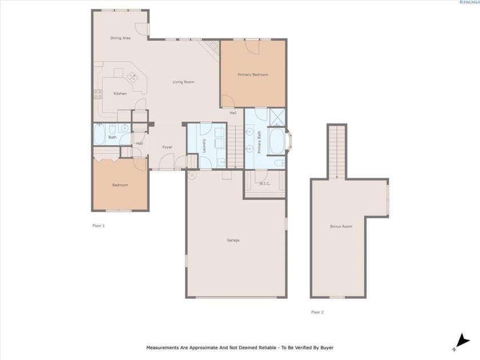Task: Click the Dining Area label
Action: pyautogui.click(x=121, y=38)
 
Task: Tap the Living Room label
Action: pyautogui.click(x=183, y=82)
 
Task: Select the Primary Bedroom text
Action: pyautogui.click(x=253, y=74)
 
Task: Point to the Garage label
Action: pyautogui.click(x=233, y=240)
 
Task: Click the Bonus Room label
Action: pyautogui.click(x=341, y=226)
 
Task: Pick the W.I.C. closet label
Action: pyautogui.click(x=265, y=183)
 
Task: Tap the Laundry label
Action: pyautogui.click(x=204, y=145)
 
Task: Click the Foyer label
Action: pyautogui.click(x=167, y=147)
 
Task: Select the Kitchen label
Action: pyautogui.click(x=120, y=93)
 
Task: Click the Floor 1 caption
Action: pyautogui.click(x=98, y=226)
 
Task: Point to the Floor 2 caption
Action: pyautogui.click(x=318, y=312)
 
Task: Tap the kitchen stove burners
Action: pyautogui.click(x=98, y=94)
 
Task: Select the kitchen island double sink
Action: pyautogui.click(x=133, y=77)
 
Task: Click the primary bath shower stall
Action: pyautogui.click(x=277, y=117)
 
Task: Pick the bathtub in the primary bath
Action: pyautogui.click(x=277, y=141)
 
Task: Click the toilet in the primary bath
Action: pyautogui.click(x=279, y=163)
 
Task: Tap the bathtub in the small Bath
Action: pyautogui.click(x=99, y=134)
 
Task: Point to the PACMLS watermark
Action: pyautogui.click(x=470, y=2)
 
